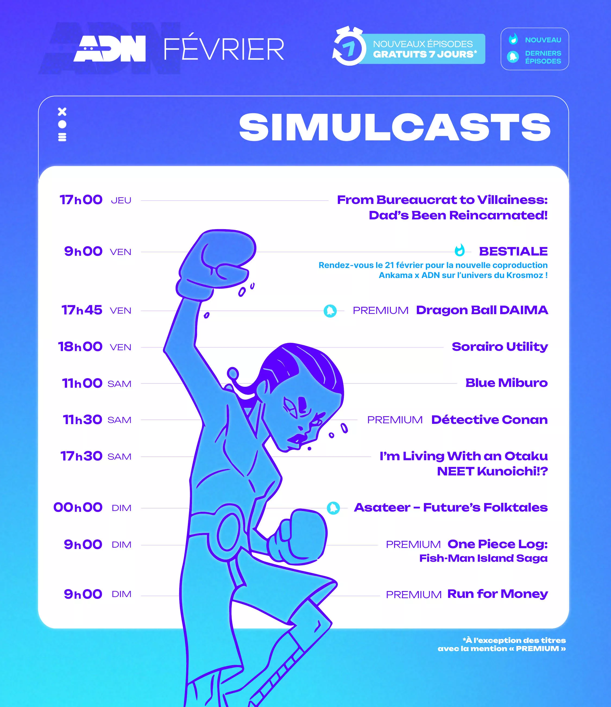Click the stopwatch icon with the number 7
click(x=348, y=46)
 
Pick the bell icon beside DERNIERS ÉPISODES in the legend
click(x=513, y=57)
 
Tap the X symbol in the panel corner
click(x=62, y=112)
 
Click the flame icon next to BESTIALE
click(x=460, y=250)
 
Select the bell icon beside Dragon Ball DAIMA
click(x=330, y=311)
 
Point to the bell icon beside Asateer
click(x=333, y=508)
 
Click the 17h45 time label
click(x=82, y=310)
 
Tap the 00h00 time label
click(x=78, y=507)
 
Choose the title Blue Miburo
click(x=506, y=383)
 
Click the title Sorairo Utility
click(x=500, y=347)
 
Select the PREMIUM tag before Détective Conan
click(x=395, y=420)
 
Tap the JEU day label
click(x=121, y=201)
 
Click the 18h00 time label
click(x=80, y=347)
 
